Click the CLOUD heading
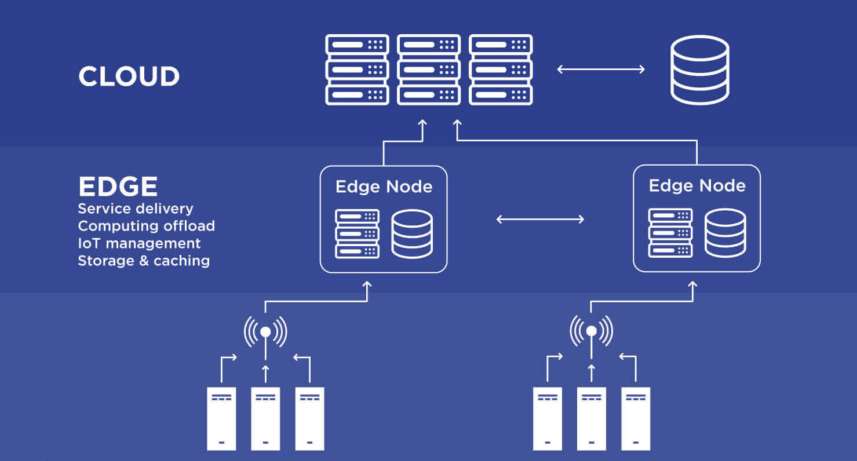click(x=129, y=76)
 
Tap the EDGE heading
click(x=118, y=186)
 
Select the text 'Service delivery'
click(x=136, y=208)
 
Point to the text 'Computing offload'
click(x=146, y=226)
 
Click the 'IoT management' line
click(x=139, y=243)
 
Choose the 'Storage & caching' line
click(x=144, y=261)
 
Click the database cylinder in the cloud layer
click(x=699, y=69)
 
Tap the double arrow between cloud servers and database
click(x=601, y=69)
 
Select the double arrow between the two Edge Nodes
click(x=540, y=219)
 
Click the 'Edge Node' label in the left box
click(x=384, y=186)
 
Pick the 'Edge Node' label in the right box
click(x=696, y=185)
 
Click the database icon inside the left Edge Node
click(x=411, y=233)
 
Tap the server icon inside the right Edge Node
click(x=670, y=233)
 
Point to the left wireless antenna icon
click(x=265, y=331)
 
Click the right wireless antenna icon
click(x=591, y=331)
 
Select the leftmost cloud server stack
click(x=357, y=69)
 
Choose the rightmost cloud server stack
click(x=501, y=69)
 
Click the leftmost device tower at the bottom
click(x=221, y=418)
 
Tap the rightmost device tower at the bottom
click(x=636, y=418)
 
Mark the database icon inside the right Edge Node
click(x=725, y=233)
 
